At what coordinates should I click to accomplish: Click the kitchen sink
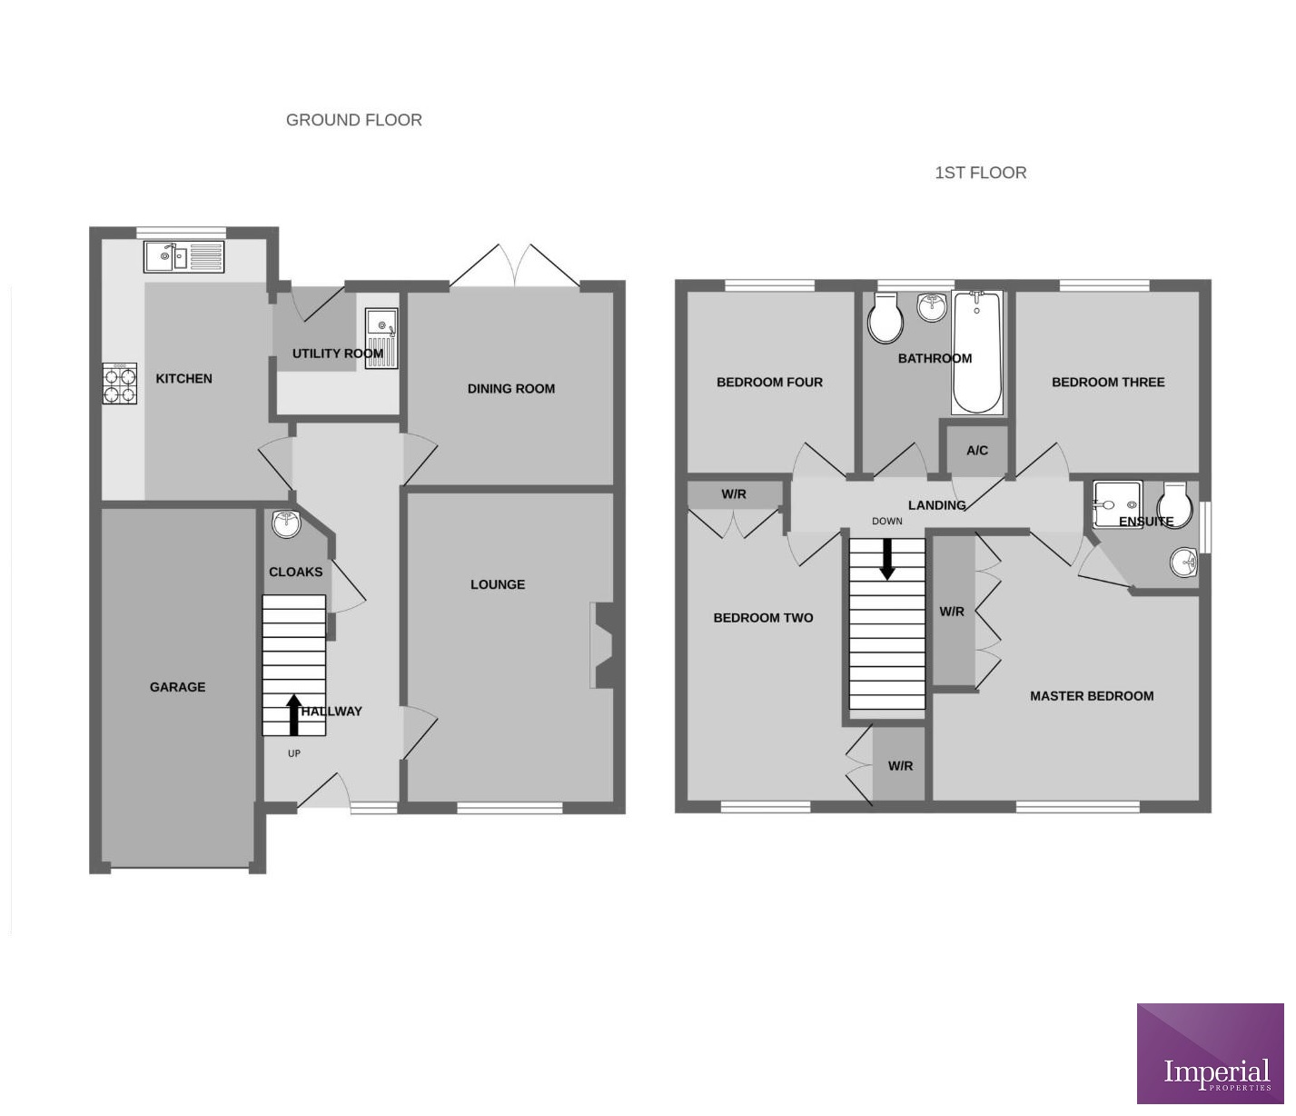click(x=183, y=257)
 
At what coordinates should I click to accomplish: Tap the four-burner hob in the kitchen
click(x=119, y=383)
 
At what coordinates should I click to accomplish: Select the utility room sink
click(x=381, y=338)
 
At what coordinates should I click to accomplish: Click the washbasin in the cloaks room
click(x=286, y=523)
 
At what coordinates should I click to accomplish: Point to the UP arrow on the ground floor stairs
click(x=293, y=714)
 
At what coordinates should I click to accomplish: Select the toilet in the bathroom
click(x=885, y=317)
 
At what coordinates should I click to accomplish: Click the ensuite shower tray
click(x=1116, y=504)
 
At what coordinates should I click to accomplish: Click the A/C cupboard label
click(x=977, y=451)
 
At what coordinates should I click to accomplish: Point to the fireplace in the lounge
click(x=602, y=646)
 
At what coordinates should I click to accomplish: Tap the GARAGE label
click(x=177, y=687)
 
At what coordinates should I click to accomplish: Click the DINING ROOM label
click(x=510, y=389)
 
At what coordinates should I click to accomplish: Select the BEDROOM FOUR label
click(x=769, y=383)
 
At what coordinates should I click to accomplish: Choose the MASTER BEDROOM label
click(x=1092, y=696)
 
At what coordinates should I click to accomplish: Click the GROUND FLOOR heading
click(x=353, y=120)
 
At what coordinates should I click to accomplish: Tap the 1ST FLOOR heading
click(x=980, y=173)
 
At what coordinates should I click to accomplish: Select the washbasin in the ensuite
click(x=1183, y=564)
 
